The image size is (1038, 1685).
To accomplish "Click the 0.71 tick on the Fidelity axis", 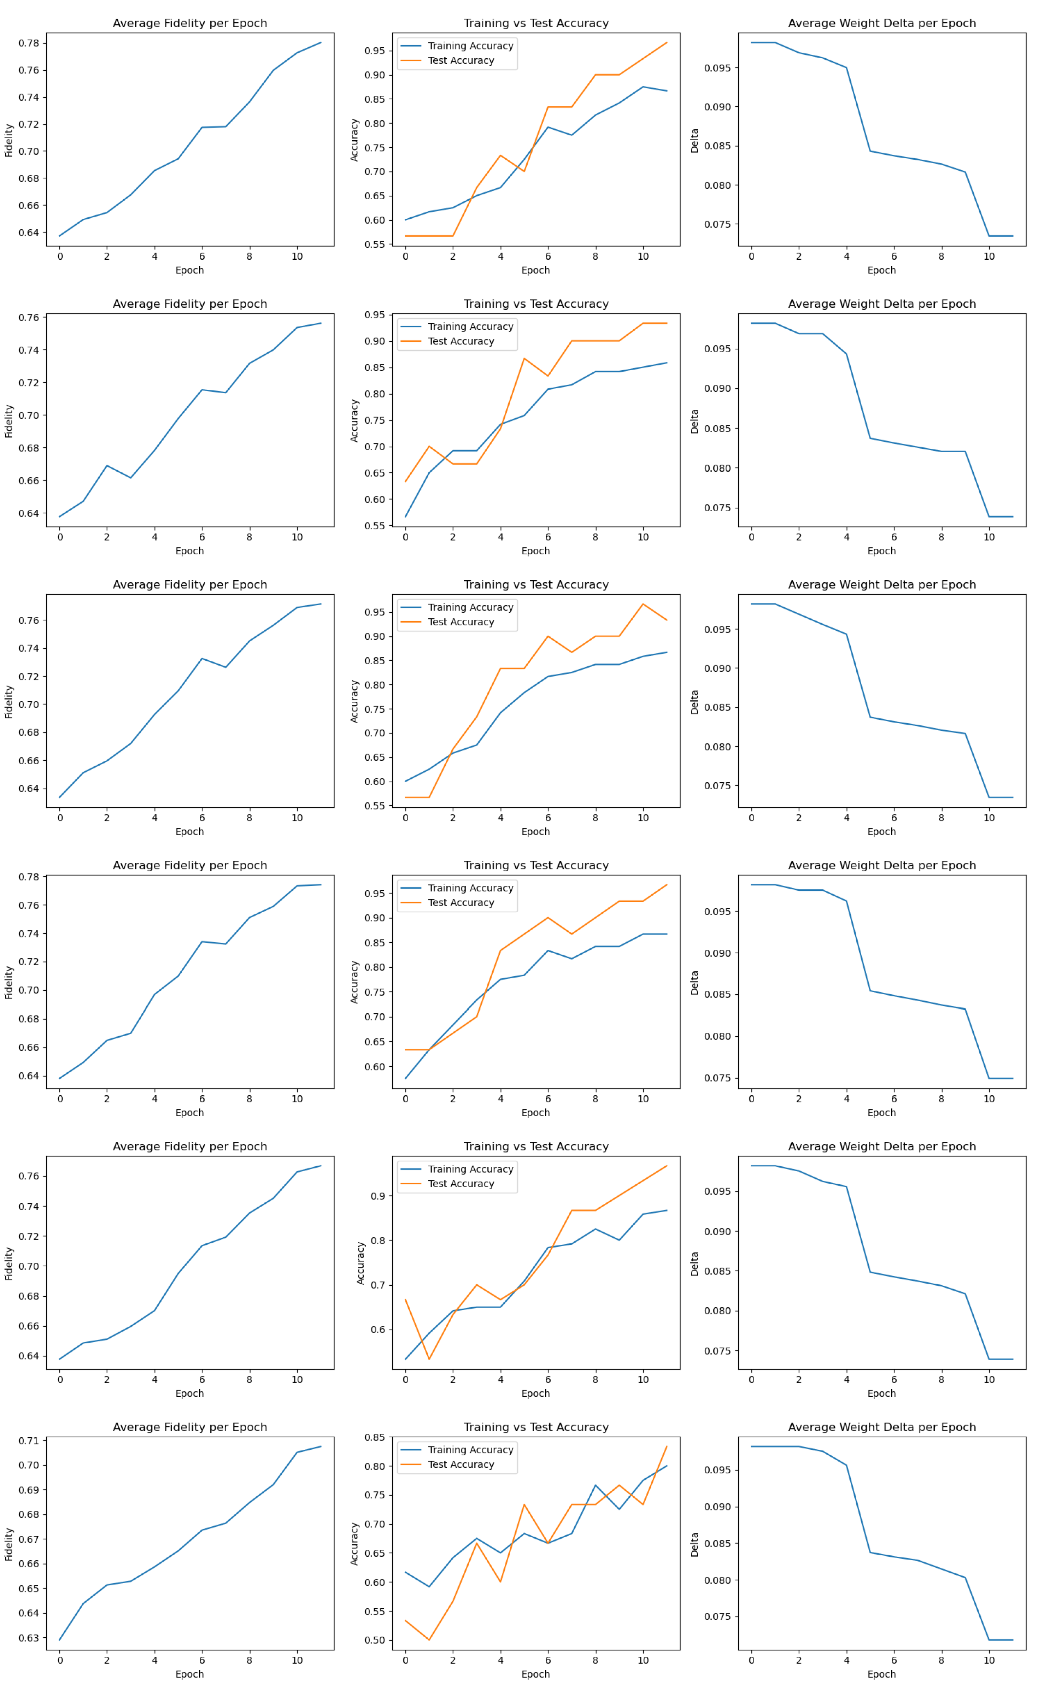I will click(29, 1441).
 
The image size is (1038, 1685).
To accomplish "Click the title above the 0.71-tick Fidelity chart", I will click(189, 1427).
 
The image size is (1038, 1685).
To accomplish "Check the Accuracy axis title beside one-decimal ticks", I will click(360, 1263).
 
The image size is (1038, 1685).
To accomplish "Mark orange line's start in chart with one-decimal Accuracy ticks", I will click(406, 1300).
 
